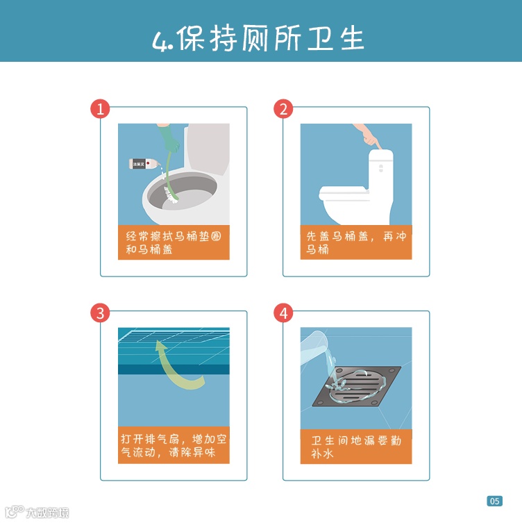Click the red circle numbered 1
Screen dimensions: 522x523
[100, 109]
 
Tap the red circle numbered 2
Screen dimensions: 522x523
[283, 109]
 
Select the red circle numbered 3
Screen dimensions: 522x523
[100, 313]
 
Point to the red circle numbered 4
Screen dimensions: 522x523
[283, 313]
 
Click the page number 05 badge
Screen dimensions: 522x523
[495, 501]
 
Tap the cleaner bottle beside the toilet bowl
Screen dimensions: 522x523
[144, 164]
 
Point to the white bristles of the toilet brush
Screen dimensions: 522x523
[171, 196]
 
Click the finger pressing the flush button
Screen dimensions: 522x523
[378, 144]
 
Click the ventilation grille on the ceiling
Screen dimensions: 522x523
[174, 336]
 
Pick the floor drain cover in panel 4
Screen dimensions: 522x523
[357, 386]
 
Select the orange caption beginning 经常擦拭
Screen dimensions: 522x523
[174, 242]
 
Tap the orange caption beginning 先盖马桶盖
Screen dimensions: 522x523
[356, 242]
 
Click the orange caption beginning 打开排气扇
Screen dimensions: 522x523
[174, 445]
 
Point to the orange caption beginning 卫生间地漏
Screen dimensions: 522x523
[356, 447]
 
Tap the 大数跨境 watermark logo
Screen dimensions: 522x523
[37, 513]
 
